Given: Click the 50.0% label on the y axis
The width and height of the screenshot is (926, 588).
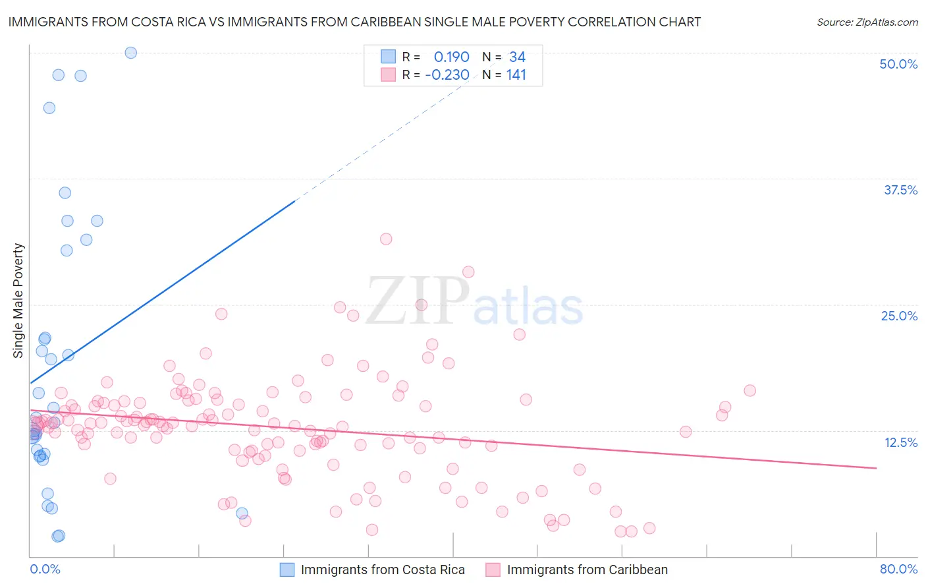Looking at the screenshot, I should (x=898, y=64).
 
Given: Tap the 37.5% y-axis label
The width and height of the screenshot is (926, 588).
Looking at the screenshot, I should (x=900, y=190).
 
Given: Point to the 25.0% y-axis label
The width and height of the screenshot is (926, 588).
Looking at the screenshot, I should (x=899, y=316).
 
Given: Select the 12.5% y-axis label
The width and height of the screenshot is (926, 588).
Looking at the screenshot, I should (x=900, y=442).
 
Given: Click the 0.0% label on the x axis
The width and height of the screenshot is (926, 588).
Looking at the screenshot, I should (x=45, y=569).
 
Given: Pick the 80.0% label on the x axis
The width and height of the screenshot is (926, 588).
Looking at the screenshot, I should (x=898, y=569).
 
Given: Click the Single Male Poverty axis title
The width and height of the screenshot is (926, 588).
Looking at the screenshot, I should (x=18, y=301).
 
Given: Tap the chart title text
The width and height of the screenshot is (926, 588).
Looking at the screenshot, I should (x=354, y=22).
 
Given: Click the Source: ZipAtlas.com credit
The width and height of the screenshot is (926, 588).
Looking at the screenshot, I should (x=867, y=22).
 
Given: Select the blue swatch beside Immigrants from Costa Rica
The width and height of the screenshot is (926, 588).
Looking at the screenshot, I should (x=287, y=570).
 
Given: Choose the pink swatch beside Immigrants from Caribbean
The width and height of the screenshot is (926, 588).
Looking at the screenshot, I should (x=493, y=570).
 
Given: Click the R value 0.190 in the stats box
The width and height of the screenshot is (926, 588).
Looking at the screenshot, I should (x=451, y=57).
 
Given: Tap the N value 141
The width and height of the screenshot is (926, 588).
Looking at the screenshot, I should (x=516, y=75).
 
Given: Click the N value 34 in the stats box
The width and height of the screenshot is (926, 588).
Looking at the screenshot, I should (x=517, y=57).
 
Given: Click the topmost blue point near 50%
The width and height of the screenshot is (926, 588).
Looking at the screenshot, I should (x=131, y=53).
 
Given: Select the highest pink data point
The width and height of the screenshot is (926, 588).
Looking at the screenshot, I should (x=386, y=239).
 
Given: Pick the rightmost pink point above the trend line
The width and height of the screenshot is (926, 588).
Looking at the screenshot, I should (x=749, y=390).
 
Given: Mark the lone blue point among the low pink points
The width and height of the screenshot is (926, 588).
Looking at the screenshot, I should (x=242, y=513).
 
